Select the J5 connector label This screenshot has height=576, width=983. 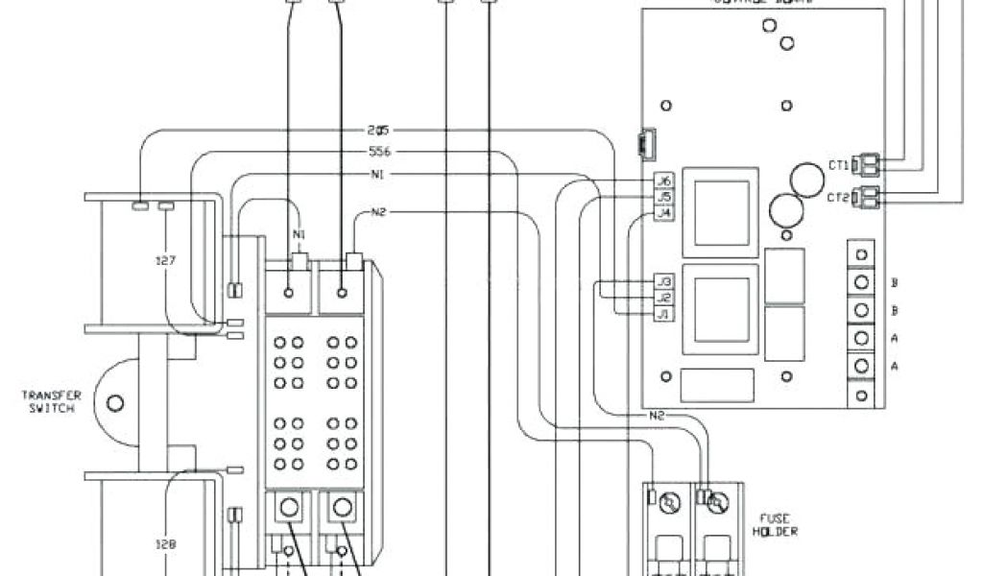point(662,197)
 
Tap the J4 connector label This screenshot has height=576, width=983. point(662,213)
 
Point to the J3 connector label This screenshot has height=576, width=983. point(662,282)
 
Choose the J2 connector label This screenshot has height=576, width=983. point(662,299)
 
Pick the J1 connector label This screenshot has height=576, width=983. point(662,315)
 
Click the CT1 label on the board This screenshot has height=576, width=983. point(838,165)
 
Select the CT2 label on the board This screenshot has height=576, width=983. point(838,197)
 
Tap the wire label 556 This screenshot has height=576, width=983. point(380,152)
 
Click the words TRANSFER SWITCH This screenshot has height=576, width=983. point(54,401)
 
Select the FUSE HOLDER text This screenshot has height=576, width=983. point(775,524)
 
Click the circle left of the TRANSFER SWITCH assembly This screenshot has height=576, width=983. point(115,402)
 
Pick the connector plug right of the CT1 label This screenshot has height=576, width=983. point(869,165)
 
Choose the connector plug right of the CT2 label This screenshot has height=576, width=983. point(869,197)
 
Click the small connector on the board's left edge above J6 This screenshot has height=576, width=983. point(641,144)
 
